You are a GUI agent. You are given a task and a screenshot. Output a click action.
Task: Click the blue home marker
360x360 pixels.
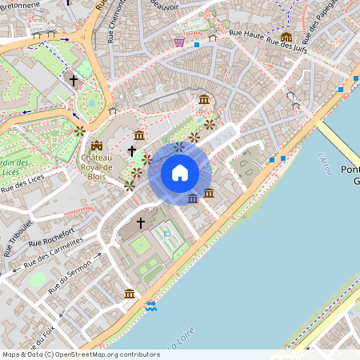click(x=180, y=173)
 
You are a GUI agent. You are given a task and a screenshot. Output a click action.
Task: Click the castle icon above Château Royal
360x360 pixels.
click(x=97, y=145)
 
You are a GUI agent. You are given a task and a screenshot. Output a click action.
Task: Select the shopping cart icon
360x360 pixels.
click(x=179, y=42)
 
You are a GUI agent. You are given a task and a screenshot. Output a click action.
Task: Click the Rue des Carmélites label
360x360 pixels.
click(x=53, y=253)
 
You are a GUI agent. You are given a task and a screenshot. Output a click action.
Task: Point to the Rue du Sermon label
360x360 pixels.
click(x=70, y=281)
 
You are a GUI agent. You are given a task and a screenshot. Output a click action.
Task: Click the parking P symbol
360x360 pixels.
click(x=167, y=234)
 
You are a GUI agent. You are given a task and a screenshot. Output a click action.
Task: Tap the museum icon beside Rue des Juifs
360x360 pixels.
click(x=286, y=38)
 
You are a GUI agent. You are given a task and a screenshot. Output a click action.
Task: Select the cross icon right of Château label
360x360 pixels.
click(x=132, y=150)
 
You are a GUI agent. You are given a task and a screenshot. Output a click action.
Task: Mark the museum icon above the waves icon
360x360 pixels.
click(x=130, y=294)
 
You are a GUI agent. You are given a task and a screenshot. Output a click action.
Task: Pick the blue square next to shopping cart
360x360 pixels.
click(x=197, y=45)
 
